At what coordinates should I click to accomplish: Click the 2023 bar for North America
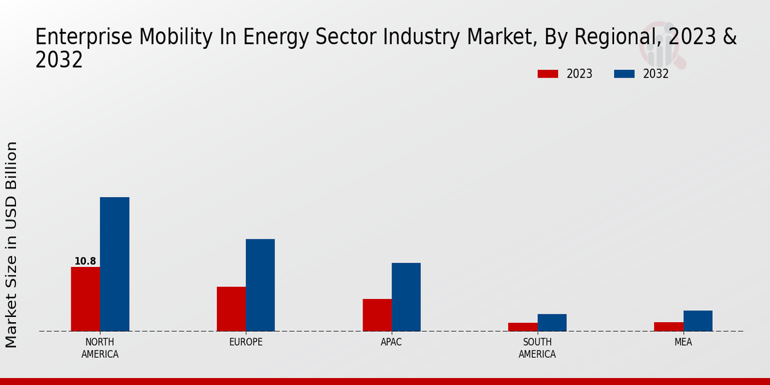click(x=85, y=299)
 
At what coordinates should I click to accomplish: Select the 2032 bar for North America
click(x=114, y=264)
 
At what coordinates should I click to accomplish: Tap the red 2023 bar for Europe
click(x=231, y=309)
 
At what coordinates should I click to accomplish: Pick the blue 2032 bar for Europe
click(x=260, y=285)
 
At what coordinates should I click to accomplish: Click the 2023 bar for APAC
click(x=377, y=315)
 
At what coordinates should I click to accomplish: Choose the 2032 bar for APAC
click(x=406, y=297)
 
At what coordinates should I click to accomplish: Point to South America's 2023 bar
click(x=522, y=327)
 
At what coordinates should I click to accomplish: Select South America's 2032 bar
click(x=552, y=323)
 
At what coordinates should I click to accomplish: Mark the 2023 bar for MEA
click(x=668, y=327)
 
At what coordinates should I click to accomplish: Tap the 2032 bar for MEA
click(x=697, y=321)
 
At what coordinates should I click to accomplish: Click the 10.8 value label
click(x=85, y=261)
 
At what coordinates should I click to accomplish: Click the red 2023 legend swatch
click(x=547, y=74)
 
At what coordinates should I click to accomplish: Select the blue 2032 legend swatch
click(x=624, y=74)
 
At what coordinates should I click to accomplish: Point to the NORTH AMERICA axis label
click(x=100, y=348)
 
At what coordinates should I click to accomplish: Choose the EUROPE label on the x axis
click(x=246, y=342)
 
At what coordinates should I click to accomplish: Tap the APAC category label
click(x=391, y=342)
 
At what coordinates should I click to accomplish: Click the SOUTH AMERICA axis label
click(x=537, y=348)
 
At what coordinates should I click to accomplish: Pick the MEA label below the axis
click(x=683, y=342)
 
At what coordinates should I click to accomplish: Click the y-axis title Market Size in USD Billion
click(x=12, y=244)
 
